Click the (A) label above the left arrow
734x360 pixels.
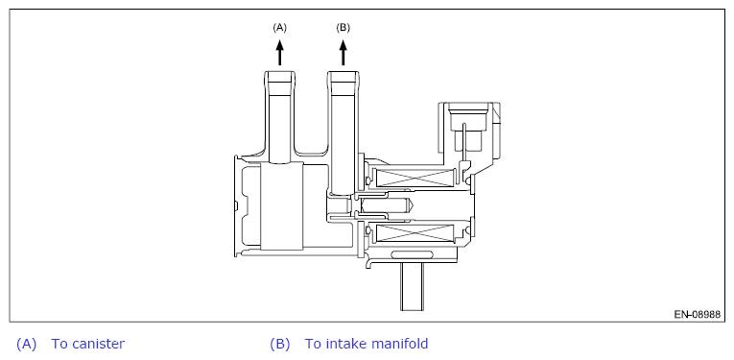(279, 28)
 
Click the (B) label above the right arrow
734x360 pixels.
(343, 28)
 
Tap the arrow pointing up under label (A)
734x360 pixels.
(280, 53)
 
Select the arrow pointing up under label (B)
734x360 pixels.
(343, 53)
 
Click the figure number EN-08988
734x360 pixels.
(697, 314)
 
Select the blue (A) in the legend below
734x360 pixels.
(26, 344)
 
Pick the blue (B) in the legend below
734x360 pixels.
(280, 344)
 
